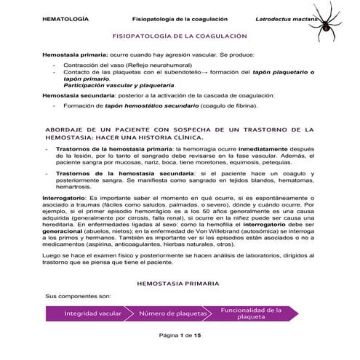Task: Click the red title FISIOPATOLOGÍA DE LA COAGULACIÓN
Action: pos(179,35)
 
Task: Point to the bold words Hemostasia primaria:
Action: pos(76,55)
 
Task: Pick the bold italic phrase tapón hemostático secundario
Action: pos(151,105)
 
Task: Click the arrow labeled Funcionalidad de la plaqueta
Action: pos(251,313)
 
